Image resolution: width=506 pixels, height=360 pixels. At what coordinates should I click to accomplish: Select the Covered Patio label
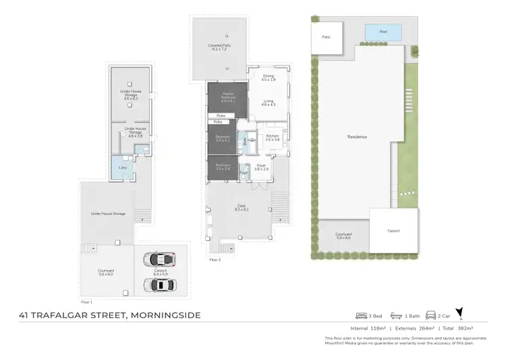[x=217, y=47]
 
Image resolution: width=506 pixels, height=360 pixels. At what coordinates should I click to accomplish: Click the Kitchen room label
[x=272, y=137]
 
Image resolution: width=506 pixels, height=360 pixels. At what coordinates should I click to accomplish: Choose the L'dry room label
[x=123, y=167]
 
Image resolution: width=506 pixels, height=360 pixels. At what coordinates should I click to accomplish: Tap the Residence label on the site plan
[x=357, y=137]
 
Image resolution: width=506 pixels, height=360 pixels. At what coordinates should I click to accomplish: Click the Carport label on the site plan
[x=393, y=231]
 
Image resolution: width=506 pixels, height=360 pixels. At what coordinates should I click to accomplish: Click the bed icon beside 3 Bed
[x=362, y=316]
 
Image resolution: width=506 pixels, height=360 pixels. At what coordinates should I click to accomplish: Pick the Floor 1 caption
[x=86, y=302]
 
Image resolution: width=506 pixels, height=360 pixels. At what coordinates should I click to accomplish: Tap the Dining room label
[x=269, y=78]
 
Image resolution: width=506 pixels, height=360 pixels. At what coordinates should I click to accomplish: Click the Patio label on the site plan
[x=326, y=36]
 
